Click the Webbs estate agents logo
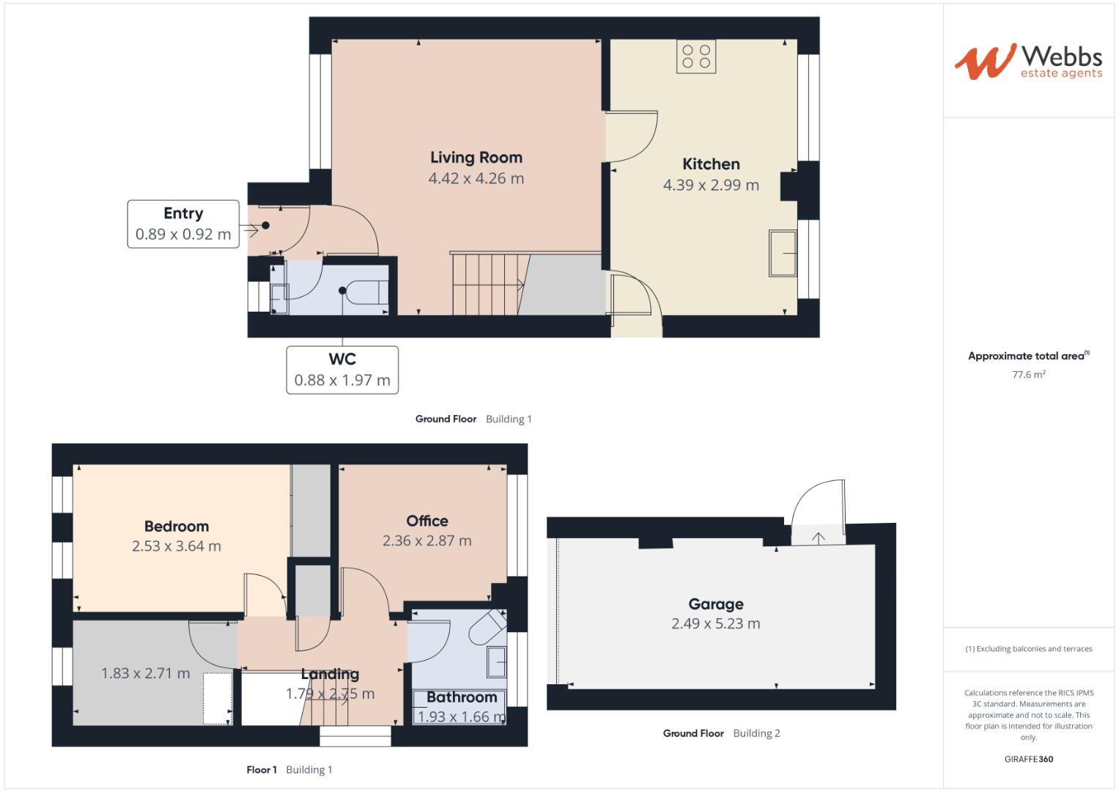point(1028,62)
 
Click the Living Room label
point(476,157)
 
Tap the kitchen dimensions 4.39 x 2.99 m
point(710,185)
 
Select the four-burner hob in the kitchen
point(696,56)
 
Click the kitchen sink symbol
point(783,254)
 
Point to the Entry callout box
point(183,224)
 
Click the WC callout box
point(342,370)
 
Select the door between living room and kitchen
point(631,136)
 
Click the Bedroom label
point(176,526)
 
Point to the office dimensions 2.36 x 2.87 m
point(426,540)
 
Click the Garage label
point(715,604)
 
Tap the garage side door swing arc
point(819,502)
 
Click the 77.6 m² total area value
point(1028,374)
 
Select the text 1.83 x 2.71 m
point(145,673)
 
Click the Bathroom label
point(462,697)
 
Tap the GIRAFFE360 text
point(1028,759)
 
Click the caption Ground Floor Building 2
point(721,733)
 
